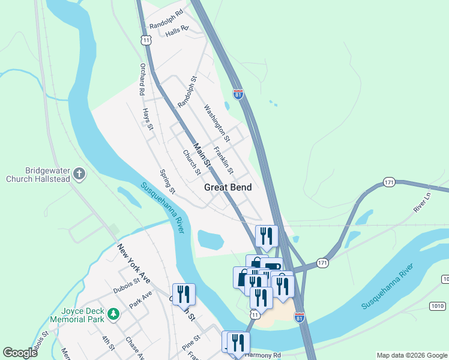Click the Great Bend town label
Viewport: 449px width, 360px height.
click(x=228, y=187)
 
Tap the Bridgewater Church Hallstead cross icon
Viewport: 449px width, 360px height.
click(x=79, y=175)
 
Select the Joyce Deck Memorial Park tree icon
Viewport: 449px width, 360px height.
click(x=113, y=313)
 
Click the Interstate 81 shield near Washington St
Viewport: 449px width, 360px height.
click(x=238, y=94)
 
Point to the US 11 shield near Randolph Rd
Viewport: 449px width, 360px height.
click(x=146, y=40)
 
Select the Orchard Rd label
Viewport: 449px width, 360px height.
click(x=142, y=80)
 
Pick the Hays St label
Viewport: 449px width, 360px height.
click(x=148, y=119)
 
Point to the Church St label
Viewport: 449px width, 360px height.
click(x=191, y=162)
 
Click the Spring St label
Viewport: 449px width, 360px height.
click(x=167, y=182)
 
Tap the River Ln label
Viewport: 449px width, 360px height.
click(x=423, y=202)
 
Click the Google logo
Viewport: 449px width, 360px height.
click(x=20, y=353)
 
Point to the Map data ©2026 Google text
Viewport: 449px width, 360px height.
click(x=412, y=355)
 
